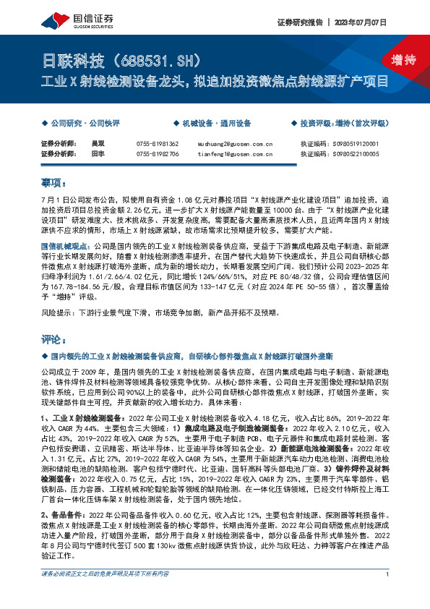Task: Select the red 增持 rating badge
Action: click(393, 60)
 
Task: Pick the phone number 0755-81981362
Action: click(158, 144)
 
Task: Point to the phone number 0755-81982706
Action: click(158, 154)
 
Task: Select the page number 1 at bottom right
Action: click(388, 595)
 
